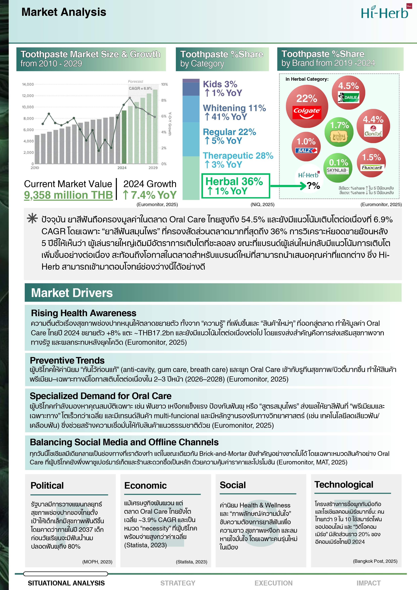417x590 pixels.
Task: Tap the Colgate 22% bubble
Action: click(x=307, y=106)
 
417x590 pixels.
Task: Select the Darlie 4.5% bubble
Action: click(x=348, y=92)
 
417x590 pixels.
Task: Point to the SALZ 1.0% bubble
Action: click(x=306, y=146)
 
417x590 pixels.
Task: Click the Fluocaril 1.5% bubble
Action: click(x=371, y=162)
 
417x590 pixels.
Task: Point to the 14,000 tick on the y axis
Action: click(x=28, y=84)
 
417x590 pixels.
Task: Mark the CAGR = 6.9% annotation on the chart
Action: click(x=140, y=88)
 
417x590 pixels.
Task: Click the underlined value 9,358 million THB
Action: click(x=68, y=195)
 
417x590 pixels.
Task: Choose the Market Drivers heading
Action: click(x=72, y=293)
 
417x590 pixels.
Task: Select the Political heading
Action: click(x=47, y=485)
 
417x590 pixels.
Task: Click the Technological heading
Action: click(x=344, y=484)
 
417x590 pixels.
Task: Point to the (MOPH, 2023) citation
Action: click(x=97, y=562)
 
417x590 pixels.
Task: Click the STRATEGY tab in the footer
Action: click(x=178, y=583)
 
